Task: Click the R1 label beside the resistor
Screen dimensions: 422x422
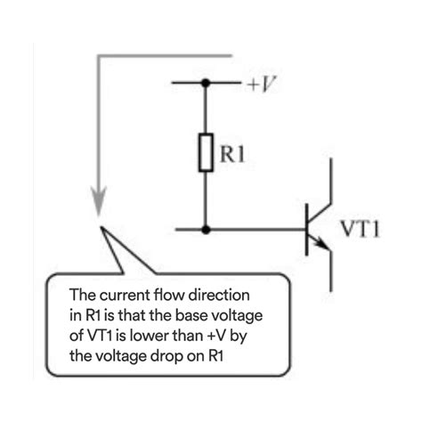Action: click(233, 158)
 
